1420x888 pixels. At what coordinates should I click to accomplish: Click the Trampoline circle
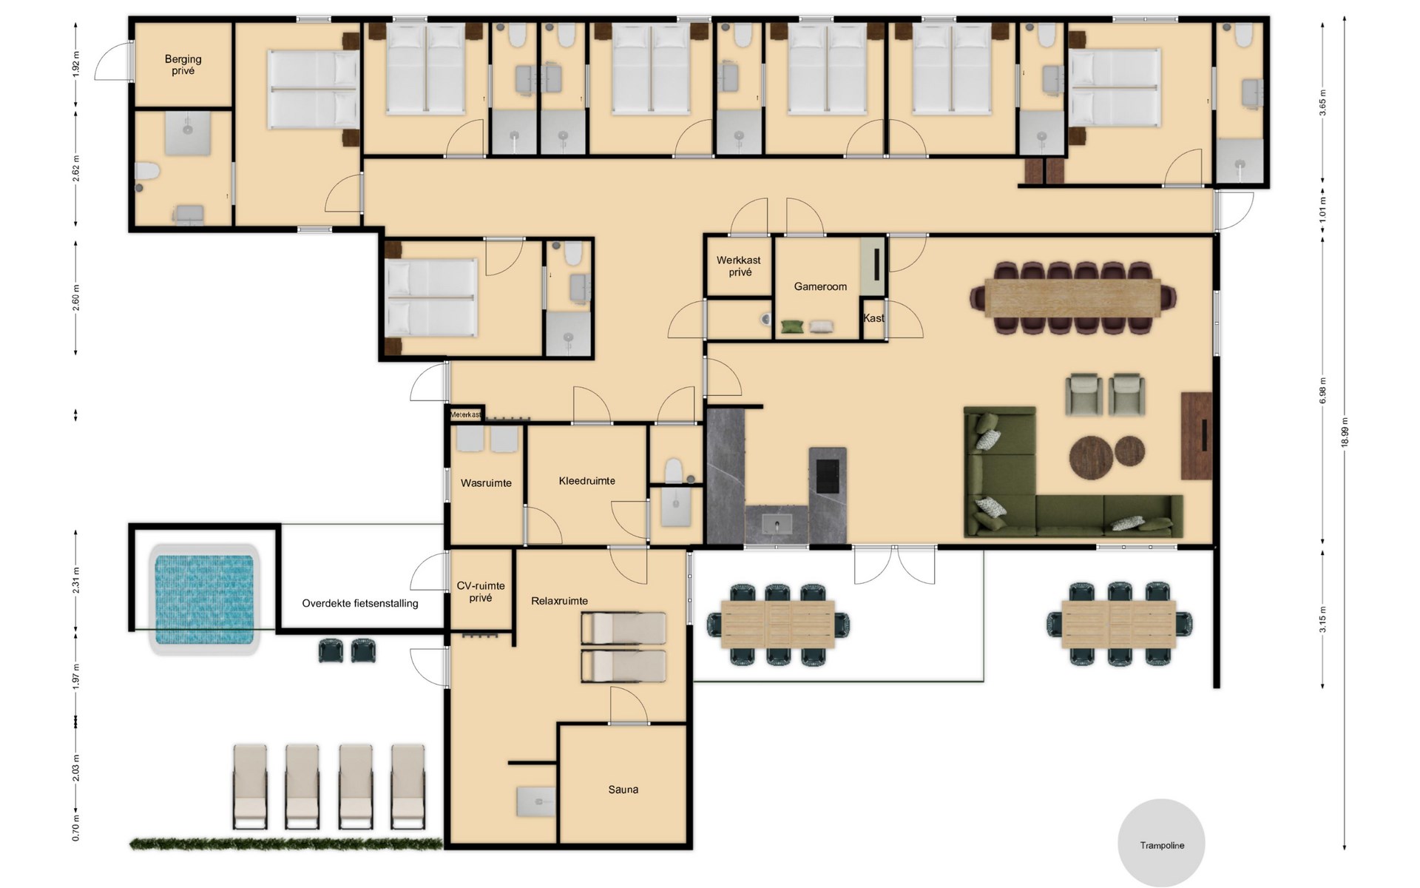coord(1161,843)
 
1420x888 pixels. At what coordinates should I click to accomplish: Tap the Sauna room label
coord(623,790)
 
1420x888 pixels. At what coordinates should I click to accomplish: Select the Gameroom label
coord(820,286)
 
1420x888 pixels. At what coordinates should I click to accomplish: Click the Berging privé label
coord(183,65)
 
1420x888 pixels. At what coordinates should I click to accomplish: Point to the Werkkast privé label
coord(739,266)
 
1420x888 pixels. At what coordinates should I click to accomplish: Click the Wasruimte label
coord(486,483)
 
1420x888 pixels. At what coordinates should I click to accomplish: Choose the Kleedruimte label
coord(587,481)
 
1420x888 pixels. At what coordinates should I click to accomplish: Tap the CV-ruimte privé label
coord(481,592)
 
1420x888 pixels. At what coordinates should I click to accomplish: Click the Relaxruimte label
coord(560,601)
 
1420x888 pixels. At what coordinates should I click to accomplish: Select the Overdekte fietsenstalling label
coord(360,603)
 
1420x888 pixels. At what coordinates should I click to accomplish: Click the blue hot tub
coord(204,599)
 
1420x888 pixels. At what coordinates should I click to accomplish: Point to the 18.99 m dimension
coord(1345,432)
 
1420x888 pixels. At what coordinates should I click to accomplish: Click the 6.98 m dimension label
coord(1322,391)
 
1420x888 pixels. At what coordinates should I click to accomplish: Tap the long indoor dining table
coord(1073,297)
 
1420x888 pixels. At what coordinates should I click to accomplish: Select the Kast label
coord(873,318)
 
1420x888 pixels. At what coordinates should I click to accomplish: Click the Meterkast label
coord(465,414)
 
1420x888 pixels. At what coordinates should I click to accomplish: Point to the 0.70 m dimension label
coord(76,828)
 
